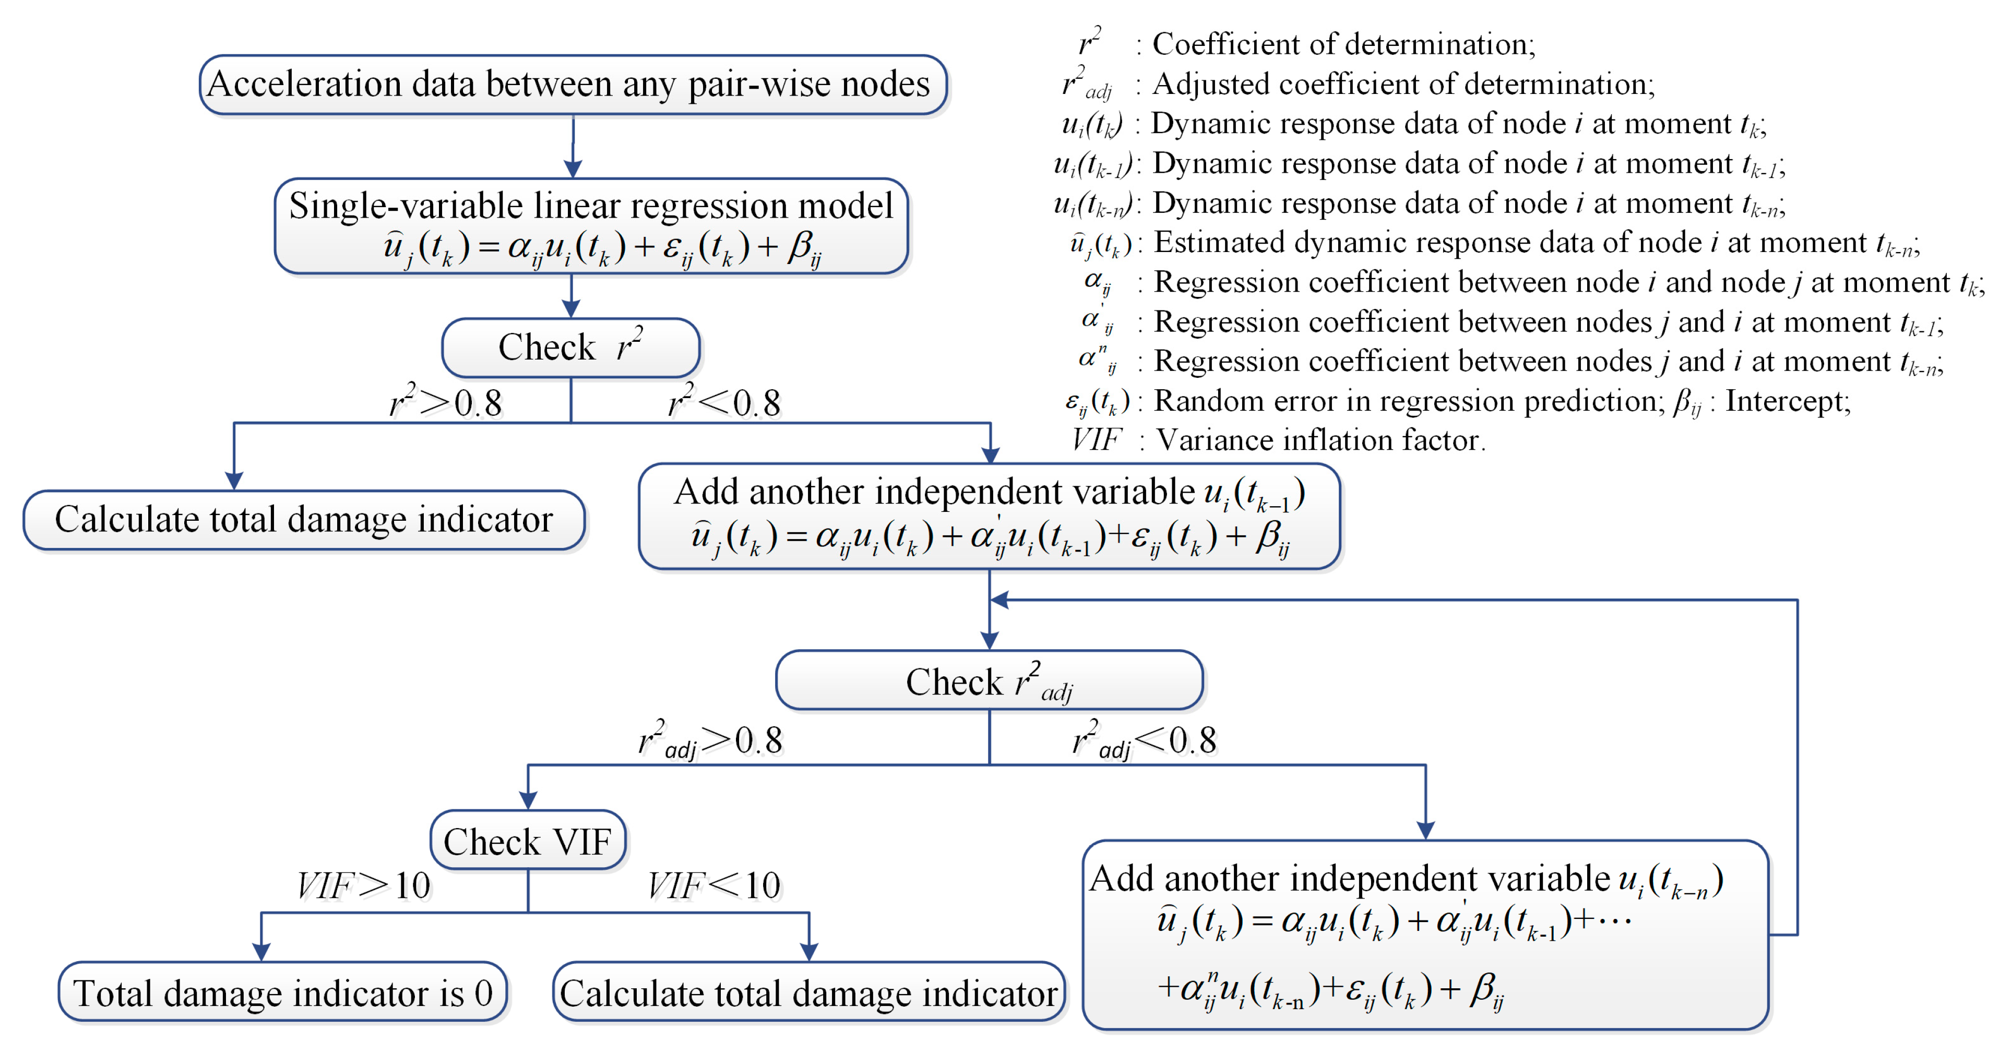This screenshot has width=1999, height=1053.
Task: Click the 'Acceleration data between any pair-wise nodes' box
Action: click(x=573, y=85)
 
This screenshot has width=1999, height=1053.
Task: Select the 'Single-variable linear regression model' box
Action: click(x=591, y=226)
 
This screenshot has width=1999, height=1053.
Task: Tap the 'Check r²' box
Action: click(x=570, y=347)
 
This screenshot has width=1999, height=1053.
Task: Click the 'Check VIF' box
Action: click(x=528, y=841)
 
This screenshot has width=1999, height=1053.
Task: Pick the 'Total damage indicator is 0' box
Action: click(x=282, y=992)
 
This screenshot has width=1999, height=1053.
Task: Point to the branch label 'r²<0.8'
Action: click(x=724, y=402)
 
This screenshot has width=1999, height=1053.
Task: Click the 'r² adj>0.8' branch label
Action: click(x=710, y=740)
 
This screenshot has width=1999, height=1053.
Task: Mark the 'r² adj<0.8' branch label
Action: click(x=1144, y=740)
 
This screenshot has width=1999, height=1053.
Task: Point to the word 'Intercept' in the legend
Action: click(x=1787, y=401)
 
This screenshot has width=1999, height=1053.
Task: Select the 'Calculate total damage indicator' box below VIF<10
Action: click(x=808, y=992)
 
